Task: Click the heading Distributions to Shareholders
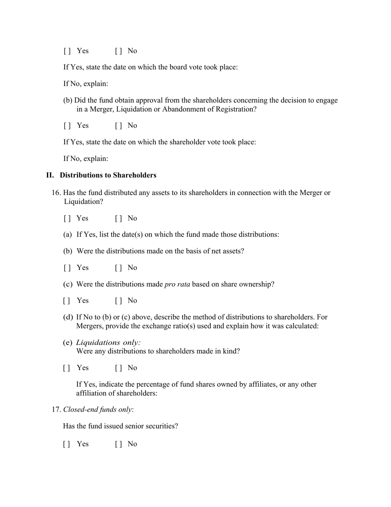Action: tap(108, 175)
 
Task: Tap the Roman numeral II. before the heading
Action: tap(50, 175)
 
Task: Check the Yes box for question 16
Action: tap(67, 218)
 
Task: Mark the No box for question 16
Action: tap(119, 218)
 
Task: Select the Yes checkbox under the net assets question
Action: tap(67, 268)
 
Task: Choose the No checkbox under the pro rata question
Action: tap(119, 301)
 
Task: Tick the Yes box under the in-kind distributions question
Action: tap(67, 368)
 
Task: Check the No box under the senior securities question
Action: tap(119, 444)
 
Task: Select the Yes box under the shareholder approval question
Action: tap(67, 126)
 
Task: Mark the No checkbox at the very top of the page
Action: tap(119, 51)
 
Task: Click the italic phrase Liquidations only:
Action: tap(109, 343)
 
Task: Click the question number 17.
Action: tap(56, 410)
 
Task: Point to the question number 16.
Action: tap(56, 193)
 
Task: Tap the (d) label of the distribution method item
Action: tap(68, 317)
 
